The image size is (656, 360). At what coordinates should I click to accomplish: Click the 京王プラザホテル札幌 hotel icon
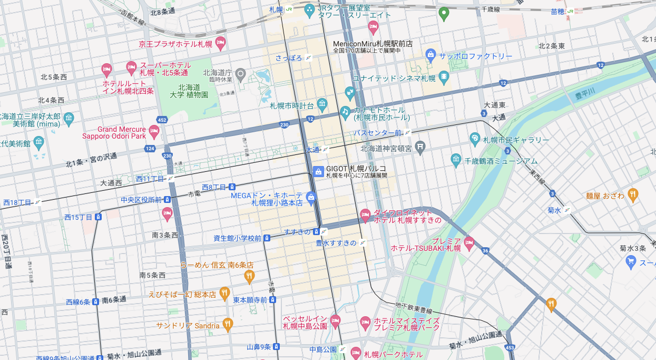pyautogui.click(x=220, y=44)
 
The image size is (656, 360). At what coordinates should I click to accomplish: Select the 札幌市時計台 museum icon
pyautogui.click(x=322, y=104)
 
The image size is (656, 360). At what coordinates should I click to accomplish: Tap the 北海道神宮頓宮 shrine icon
pyautogui.click(x=420, y=148)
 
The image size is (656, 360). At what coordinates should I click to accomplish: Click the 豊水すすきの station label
pyautogui.click(x=336, y=243)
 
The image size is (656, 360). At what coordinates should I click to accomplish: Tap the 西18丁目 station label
pyautogui.click(x=17, y=202)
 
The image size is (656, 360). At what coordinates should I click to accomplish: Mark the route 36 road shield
pyautogui.click(x=484, y=251)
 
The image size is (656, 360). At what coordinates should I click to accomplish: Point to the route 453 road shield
pyautogui.click(x=510, y=348)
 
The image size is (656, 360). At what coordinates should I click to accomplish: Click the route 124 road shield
pyautogui.click(x=150, y=149)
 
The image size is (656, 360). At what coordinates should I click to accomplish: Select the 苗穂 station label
pyautogui.click(x=557, y=11)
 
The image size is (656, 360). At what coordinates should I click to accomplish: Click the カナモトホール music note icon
pyautogui.click(x=345, y=112)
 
